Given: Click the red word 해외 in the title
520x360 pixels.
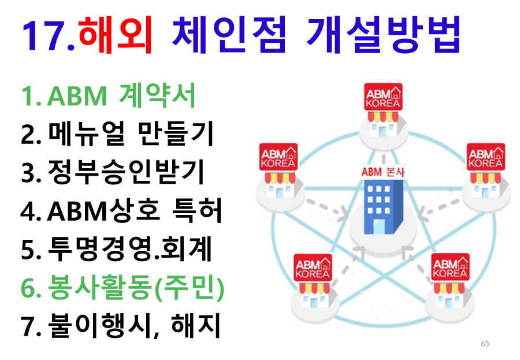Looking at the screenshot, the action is pyautogui.click(x=115, y=35).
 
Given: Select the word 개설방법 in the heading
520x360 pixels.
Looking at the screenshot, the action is pyautogui.click(x=384, y=35).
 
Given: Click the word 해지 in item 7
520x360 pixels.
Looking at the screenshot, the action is pyautogui.click(x=196, y=326).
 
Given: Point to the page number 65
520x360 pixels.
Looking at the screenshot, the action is pyautogui.click(x=485, y=344).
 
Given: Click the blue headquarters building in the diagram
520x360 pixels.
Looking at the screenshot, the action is pyautogui.click(x=383, y=207).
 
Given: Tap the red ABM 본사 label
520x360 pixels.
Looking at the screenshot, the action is pyautogui.click(x=383, y=172).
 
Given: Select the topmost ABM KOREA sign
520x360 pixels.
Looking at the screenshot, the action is pyautogui.click(x=383, y=97).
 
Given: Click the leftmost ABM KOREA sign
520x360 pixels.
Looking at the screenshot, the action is pyautogui.click(x=278, y=157).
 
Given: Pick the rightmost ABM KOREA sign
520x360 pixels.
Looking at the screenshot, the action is pyautogui.click(x=486, y=157).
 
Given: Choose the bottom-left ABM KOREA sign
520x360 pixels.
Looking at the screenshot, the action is pyautogui.click(x=313, y=268).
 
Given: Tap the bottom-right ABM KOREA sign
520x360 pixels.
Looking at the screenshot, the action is pyautogui.click(x=450, y=267).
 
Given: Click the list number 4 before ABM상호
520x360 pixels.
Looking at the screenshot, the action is pyautogui.click(x=28, y=211).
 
